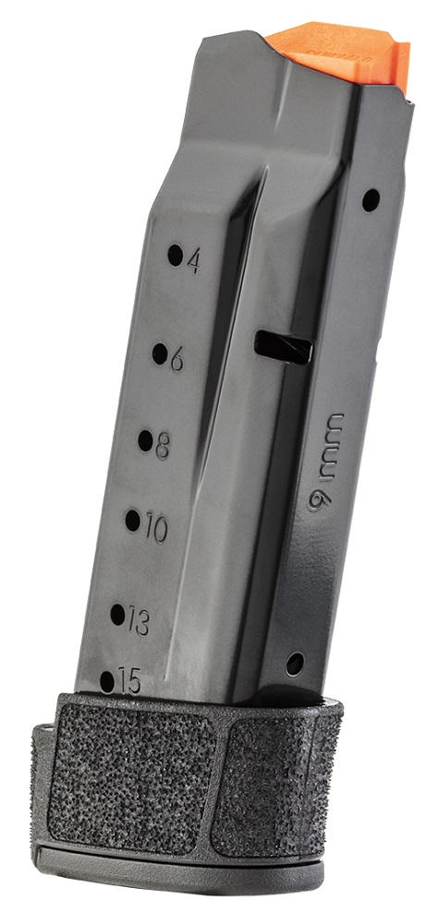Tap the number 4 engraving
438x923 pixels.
click(193, 260)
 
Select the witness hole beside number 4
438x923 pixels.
click(175, 256)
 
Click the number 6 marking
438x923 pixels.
click(176, 358)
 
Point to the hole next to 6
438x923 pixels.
click(160, 354)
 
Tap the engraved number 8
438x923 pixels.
click(162, 446)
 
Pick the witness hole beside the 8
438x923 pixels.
click(146, 440)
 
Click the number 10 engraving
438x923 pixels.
click(156, 529)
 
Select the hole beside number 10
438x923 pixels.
click(133, 521)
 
